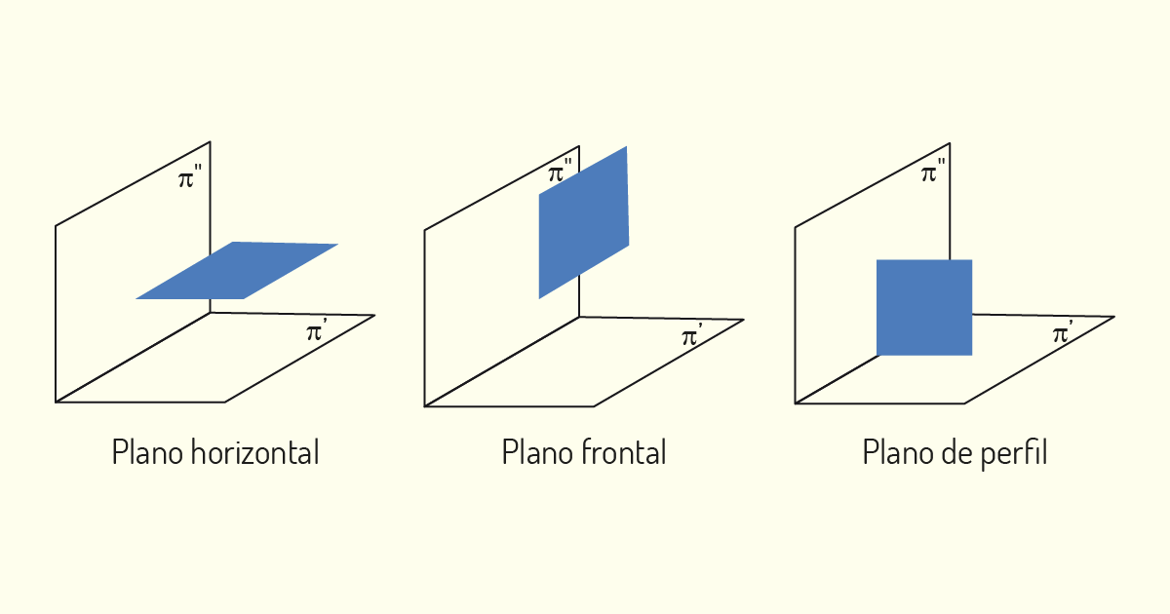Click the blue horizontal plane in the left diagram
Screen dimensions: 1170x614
[x=237, y=271]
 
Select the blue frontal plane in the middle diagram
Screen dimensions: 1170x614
[x=584, y=222]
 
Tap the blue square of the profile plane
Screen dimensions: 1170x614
[x=924, y=308]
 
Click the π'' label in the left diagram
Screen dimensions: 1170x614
[x=189, y=176]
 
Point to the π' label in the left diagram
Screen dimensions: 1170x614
[x=317, y=329]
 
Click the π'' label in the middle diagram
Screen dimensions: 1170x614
[x=560, y=171]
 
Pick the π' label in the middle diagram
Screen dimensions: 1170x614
[x=692, y=334]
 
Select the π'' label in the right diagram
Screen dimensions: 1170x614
[x=933, y=171]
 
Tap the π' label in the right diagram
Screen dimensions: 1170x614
[x=1063, y=331]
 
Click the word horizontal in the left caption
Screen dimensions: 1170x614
[x=254, y=452]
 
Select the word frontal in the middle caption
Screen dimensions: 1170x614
[x=624, y=452]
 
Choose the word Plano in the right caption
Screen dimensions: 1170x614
[x=897, y=452]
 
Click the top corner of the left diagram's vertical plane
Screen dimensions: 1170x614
[x=210, y=141]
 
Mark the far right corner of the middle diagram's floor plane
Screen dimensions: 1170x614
[x=744, y=320]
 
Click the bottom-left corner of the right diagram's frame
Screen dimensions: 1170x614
[x=795, y=403]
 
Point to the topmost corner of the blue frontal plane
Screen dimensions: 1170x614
[x=626, y=147]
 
